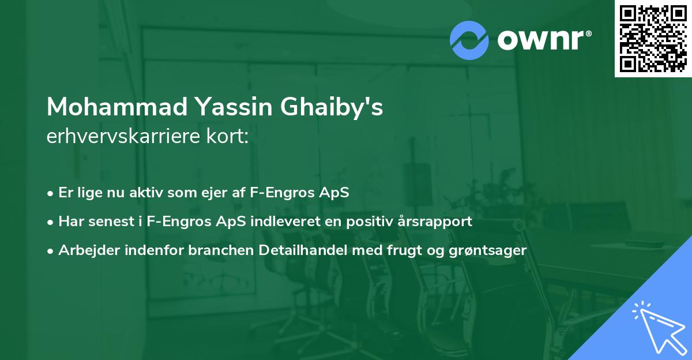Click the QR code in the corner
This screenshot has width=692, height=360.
pos(653,39)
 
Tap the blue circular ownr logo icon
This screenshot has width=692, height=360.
pos(469,40)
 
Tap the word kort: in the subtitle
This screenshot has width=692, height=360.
pos(231,137)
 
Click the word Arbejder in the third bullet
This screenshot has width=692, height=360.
pos(85,250)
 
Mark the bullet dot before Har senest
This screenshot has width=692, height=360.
pos(51,222)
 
